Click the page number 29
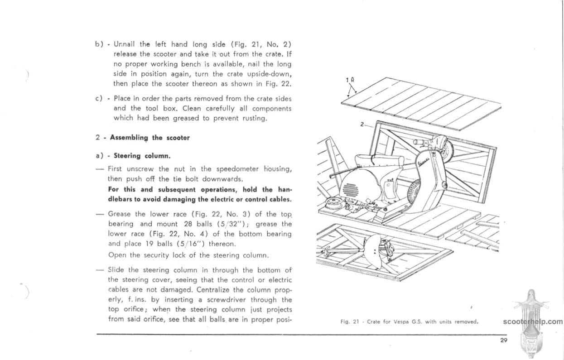pos(503,341)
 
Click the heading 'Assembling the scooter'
pos(149,138)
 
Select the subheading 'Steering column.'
pos(142,156)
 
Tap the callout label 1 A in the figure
pos(349,80)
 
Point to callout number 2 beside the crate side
pos(362,124)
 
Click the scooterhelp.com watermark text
pos(532,322)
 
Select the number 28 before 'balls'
pos(189,224)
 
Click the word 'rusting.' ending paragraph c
pos(255,119)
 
